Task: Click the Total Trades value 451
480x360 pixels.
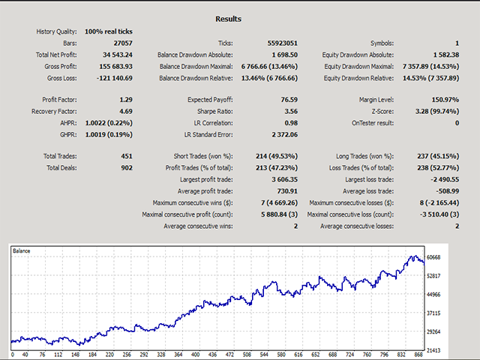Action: click(126, 156)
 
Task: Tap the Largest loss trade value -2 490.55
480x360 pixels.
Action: click(443, 178)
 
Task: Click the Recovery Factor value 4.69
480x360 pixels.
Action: click(126, 110)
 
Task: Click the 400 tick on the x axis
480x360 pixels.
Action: click(196, 355)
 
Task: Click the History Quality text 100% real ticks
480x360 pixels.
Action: click(109, 31)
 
